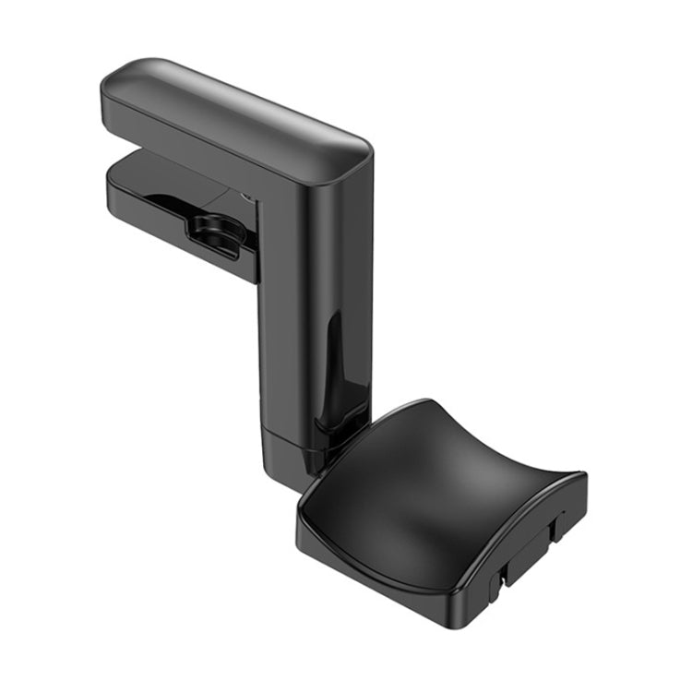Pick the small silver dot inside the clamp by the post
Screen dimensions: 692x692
(x=246, y=196)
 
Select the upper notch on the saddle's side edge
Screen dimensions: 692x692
(x=554, y=528)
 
